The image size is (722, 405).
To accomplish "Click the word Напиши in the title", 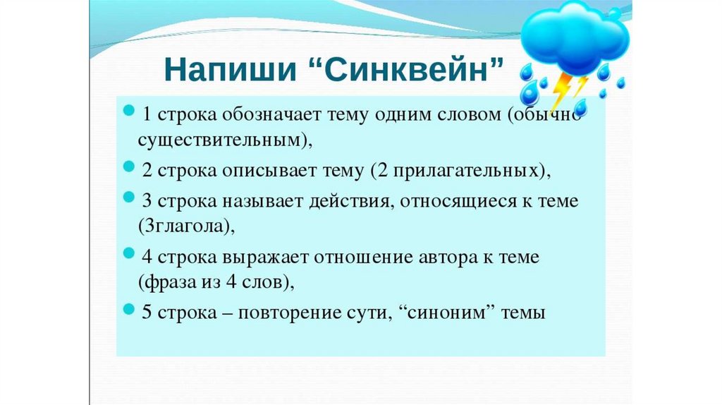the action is click(x=231, y=70).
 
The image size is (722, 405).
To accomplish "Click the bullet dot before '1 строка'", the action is click(x=130, y=110).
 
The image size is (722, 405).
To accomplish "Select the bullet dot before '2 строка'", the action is click(x=130, y=167).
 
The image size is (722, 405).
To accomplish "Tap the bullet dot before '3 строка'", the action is click(x=130, y=197).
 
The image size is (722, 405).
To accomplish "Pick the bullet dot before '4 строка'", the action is click(x=130, y=253).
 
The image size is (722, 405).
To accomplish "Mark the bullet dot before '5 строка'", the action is click(x=130, y=309).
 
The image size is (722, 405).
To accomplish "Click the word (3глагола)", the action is click(x=186, y=226).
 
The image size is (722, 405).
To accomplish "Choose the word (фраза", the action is click(x=168, y=282).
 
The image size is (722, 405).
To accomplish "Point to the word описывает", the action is click(x=269, y=171).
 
